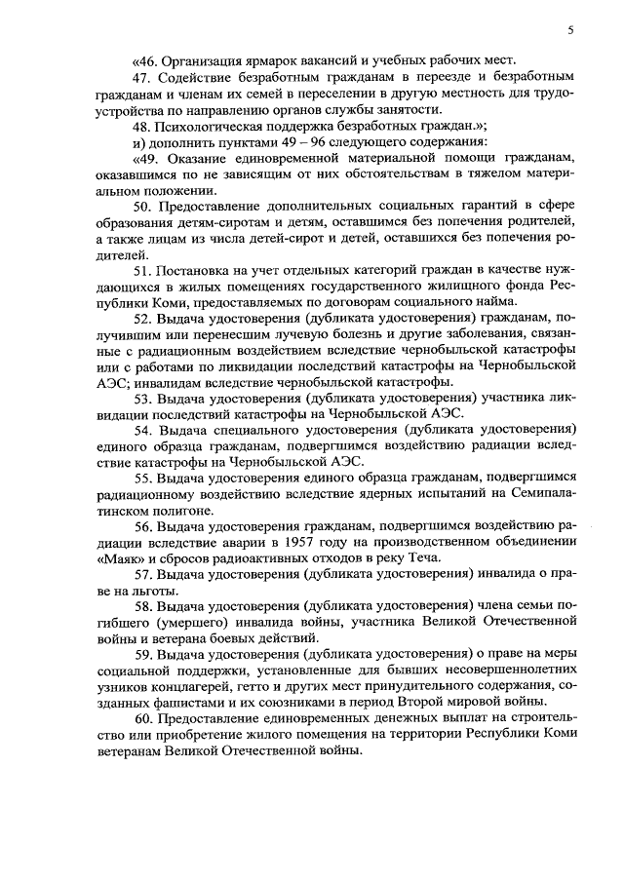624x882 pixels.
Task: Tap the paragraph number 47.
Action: pos(143,75)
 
